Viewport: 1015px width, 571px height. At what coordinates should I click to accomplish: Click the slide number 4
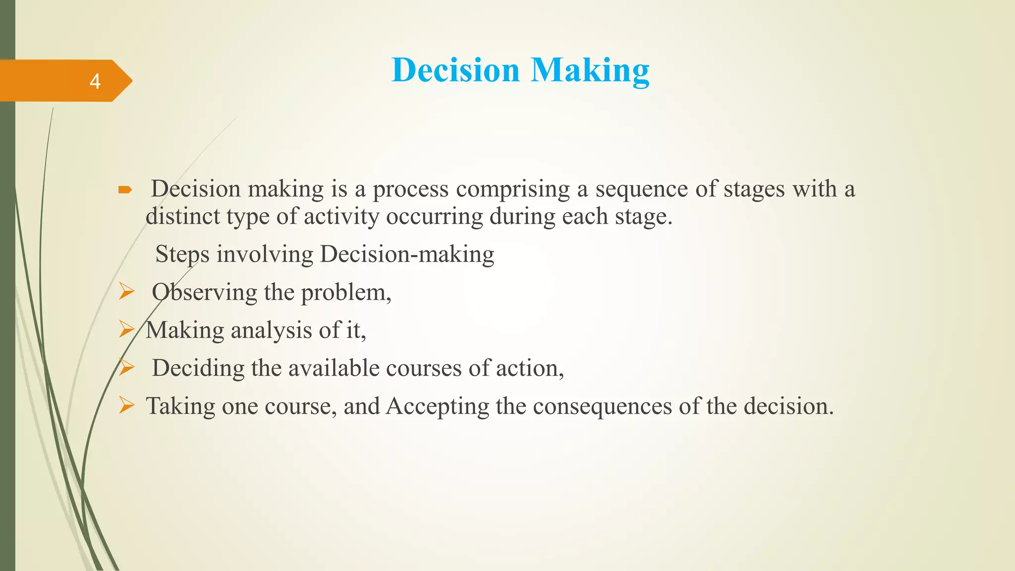tap(95, 81)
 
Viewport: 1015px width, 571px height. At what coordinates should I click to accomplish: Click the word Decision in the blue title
tap(455, 70)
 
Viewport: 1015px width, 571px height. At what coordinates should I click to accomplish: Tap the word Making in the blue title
tap(590, 70)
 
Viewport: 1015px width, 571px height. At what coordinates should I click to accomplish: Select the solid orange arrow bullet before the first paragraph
tap(125, 190)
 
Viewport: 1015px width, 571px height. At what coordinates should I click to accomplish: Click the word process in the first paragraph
tap(410, 189)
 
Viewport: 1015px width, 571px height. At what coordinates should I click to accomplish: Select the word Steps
tap(182, 255)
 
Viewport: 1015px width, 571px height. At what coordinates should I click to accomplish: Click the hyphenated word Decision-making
tap(407, 255)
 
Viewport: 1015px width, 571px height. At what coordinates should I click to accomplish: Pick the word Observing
tap(204, 292)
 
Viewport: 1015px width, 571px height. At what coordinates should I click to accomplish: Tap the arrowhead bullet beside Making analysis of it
tap(126, 329)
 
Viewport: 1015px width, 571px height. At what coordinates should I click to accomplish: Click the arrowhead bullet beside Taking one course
tap(126, 405)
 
